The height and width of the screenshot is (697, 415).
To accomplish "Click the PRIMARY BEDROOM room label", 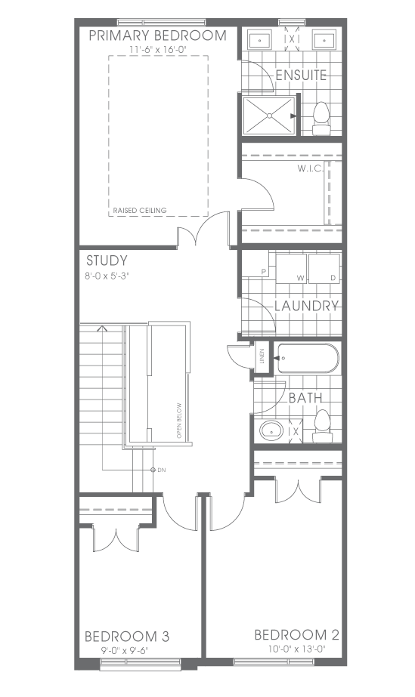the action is pyautogui.click(x=157, y=35).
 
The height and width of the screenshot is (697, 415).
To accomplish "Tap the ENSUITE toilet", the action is pyautogui.click(x=321, y=119).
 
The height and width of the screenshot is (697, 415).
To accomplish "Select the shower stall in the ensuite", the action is pyautogui.click(x=268, y=116).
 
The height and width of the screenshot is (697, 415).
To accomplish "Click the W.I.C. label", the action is pyautogui.click(x=310, y=169).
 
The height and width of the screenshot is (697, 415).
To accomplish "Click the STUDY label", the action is pyautogui.click(x=107, y=261).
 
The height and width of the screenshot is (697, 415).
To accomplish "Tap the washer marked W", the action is pyautogui.click(x=291, y=268).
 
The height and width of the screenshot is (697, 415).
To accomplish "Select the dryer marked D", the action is pyautogui.click(x=324, y=268).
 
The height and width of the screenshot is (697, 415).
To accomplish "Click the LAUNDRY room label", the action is pyautogui.click(x=306, y=306).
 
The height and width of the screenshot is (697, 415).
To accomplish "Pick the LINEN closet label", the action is pyautogui.click(x=262, y=356).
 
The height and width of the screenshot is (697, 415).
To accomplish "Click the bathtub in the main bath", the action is pyautogui.click(x=308, y=358).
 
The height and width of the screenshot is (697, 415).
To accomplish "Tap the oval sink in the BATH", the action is pyautogui.click(x=271, y=430).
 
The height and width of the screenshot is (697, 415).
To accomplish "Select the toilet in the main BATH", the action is pyautogui.click(x=321, y=426).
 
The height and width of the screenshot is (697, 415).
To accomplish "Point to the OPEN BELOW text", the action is pyautogui.click(x=179, y=421).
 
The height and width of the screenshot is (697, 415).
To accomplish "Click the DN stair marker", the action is pyautogui.click(x=158, y=470).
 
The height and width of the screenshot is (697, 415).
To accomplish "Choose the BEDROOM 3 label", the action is pyautogui.click(x=127, y=637).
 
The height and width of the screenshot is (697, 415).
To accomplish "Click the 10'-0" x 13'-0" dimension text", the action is pyautogui.click(x=296, y=649).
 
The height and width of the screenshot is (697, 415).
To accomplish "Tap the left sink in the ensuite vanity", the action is pyautogui.click(x=259, y=41).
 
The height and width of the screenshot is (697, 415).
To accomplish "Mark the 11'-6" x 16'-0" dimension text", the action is pyautogui.click(x=157, y=50).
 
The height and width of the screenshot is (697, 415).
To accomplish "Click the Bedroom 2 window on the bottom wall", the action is pyautogui.click(x=274, y=662).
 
